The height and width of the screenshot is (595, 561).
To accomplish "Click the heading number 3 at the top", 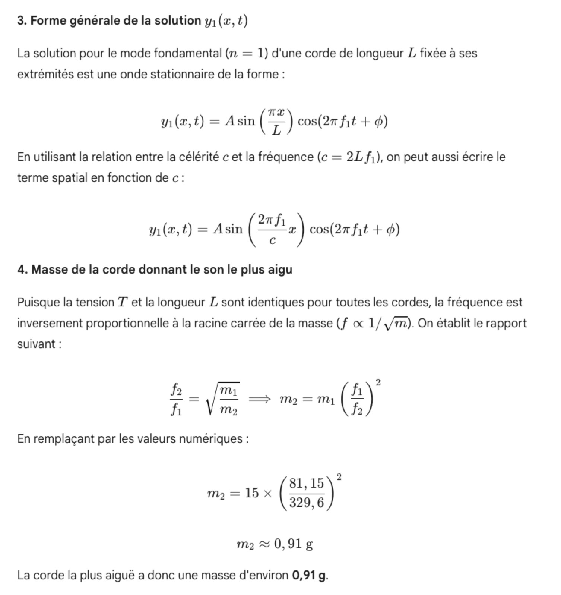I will coord(21,21).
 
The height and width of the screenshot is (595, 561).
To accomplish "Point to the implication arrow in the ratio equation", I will coord(259,399).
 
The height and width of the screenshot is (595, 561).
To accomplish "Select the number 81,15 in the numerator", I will coord(307,483).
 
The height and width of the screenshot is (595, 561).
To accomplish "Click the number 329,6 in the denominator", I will coord(307,503).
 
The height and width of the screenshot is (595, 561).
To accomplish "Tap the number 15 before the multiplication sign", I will coord(251,493).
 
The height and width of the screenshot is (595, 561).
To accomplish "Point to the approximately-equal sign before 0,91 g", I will coord(264,545).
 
